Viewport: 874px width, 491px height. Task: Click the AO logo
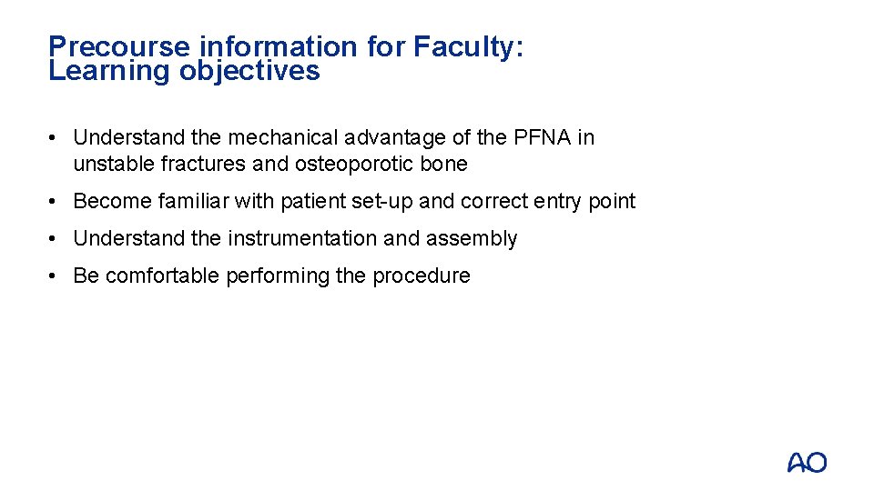807,462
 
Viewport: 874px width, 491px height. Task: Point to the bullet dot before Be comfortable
56,276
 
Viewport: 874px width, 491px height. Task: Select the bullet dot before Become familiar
56,201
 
